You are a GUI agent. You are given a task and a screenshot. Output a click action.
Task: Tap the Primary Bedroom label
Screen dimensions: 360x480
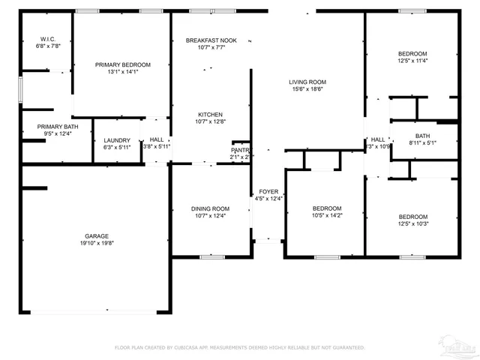click(122, 64)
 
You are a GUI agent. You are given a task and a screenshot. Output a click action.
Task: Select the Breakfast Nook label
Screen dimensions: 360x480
click(211, 40)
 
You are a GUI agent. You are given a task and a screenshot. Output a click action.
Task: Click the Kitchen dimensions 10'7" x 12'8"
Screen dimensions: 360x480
click(211, 121)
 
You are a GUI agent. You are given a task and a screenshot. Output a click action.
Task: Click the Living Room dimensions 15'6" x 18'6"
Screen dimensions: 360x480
click(307, 89)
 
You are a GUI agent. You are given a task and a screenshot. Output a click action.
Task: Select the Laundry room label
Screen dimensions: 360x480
click(117, 140)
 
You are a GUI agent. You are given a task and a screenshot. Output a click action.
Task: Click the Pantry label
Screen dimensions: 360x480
click(240, 150)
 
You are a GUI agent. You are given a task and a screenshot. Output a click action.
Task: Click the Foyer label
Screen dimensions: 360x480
click(268, 191)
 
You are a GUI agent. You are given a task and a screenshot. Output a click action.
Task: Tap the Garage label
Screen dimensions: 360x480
click(96, 235)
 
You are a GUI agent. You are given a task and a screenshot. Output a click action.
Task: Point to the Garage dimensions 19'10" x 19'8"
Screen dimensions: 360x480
click(96, 243)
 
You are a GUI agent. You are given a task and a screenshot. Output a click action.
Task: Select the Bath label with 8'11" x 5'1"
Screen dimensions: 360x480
click(423, 136)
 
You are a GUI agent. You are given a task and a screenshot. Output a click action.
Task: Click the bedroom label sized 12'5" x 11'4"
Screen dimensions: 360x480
click(412, 53)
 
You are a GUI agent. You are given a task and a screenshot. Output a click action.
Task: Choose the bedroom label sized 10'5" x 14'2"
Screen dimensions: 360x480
click(327, 208)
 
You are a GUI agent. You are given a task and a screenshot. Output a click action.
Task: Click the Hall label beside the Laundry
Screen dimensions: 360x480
click(157, 139)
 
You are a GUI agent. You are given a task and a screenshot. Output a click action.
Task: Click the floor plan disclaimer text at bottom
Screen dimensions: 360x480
click(239, 348)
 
